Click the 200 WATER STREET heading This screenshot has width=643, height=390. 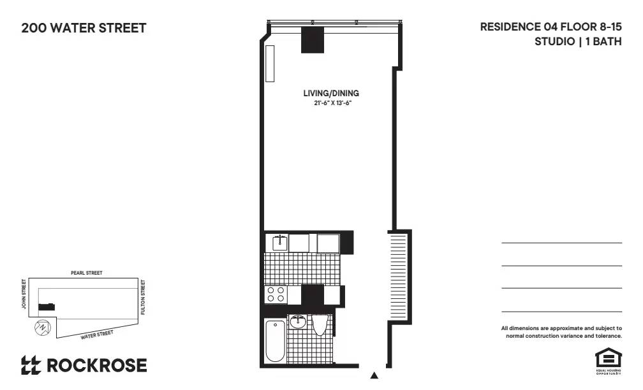click(x=84, y=28)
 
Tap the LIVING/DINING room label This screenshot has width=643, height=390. click(x=330, y=94)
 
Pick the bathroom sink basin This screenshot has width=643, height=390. click(x=297, y=322)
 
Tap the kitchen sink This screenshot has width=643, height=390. click(x=279, y=243)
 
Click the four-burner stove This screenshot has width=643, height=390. click(x=276, y=294)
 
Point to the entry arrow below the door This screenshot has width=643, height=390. click(x=374, y=375)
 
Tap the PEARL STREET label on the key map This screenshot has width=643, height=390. click(x=86, y=273)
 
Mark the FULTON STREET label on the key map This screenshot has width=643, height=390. click(x=144, y=296)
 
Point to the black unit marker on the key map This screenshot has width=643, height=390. click(x=45, y=307)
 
